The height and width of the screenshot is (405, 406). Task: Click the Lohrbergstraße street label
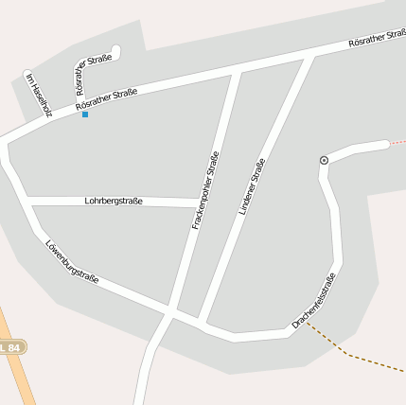pos(114,201)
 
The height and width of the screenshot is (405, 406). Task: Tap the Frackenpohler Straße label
pos(205,190)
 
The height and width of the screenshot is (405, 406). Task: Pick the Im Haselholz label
pos(37,95)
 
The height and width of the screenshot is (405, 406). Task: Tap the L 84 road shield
pos(11,347)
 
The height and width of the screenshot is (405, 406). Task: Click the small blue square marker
pos(85,114)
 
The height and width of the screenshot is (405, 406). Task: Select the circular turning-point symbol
pos(325,160)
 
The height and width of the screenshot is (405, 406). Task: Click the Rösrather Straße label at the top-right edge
pos(377,39)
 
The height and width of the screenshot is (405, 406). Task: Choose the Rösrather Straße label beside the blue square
pos(107,97)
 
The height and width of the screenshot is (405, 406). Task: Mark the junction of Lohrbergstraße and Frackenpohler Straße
pos(200,202)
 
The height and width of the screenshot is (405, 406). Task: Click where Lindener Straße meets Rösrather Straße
pos(310,58)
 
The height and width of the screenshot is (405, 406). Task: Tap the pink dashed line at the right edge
pos(397,142)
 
